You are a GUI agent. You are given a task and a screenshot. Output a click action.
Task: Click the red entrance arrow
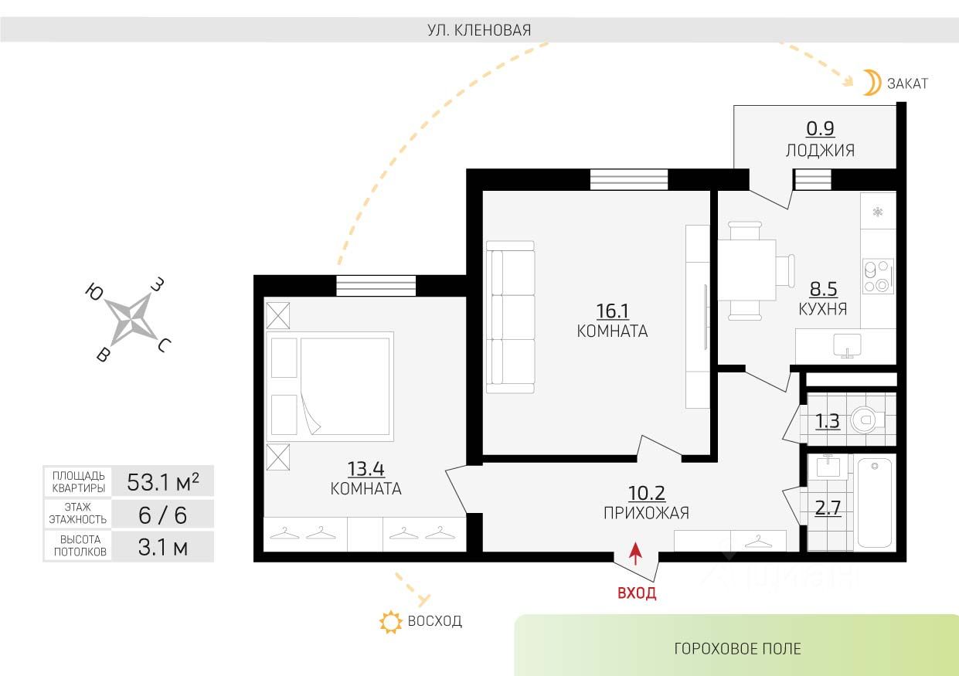[x=636, y=554]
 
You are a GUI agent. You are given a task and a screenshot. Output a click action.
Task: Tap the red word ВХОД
[x=637, y=593]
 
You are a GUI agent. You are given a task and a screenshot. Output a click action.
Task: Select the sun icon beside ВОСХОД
[x=391, y=622]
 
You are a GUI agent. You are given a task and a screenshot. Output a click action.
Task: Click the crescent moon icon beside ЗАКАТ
[x=871, y=83]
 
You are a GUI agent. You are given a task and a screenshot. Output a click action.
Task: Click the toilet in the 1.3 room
[x=866, y=420]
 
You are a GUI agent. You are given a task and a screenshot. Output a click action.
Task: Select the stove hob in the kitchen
[x=878, y=276]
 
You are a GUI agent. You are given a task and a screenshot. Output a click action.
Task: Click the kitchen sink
[x=847, y=345]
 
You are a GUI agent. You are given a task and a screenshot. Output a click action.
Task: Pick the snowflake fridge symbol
[x=878, y=212]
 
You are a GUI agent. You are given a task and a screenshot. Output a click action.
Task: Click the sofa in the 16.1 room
[x=510, y=318]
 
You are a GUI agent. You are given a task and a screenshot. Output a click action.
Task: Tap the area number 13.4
[x=366, y=468]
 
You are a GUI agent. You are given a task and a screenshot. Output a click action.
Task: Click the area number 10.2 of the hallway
[x=647, y=493]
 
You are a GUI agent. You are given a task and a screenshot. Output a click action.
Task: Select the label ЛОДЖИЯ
[x=820, y=151]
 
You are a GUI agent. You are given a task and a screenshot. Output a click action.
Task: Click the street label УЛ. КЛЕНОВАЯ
[x=479, y=30]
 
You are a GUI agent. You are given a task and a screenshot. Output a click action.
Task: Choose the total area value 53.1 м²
[x=163, y=481]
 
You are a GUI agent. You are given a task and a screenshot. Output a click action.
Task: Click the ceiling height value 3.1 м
[x=163, y=547]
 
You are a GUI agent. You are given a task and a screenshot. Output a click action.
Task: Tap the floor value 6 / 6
[x=163, y=515]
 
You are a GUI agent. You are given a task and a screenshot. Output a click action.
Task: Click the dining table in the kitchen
[x=747, y=270]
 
